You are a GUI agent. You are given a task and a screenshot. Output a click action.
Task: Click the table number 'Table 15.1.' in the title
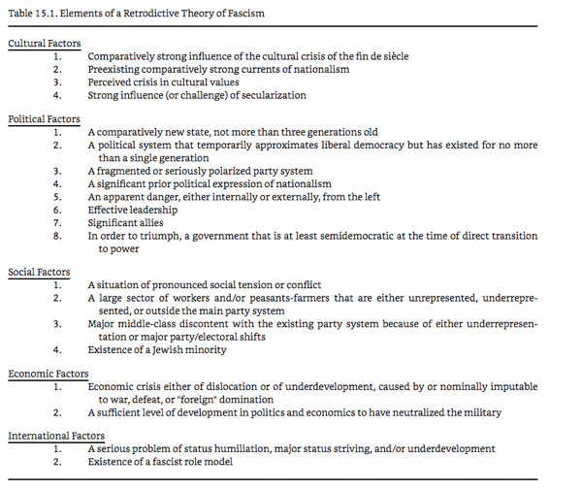tap(30, 14)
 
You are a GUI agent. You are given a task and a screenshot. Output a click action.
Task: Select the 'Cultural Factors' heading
tap(45, 44)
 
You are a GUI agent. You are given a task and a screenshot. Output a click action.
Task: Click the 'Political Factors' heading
tap(44, 119)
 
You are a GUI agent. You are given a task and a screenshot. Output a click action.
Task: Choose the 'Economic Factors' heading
tap(48, 374)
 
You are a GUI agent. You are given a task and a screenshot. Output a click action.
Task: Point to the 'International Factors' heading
tap(56, 437)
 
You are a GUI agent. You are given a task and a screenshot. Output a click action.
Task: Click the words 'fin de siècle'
tap(380, 56)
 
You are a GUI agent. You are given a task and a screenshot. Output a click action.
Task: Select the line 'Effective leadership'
tap(133, 209)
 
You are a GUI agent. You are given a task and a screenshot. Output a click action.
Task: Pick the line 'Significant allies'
tap(126, 222)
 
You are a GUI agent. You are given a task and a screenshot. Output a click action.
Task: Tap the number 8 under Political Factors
tap(57, 235)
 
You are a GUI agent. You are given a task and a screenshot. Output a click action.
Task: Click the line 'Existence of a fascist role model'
tap(168, 463)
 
